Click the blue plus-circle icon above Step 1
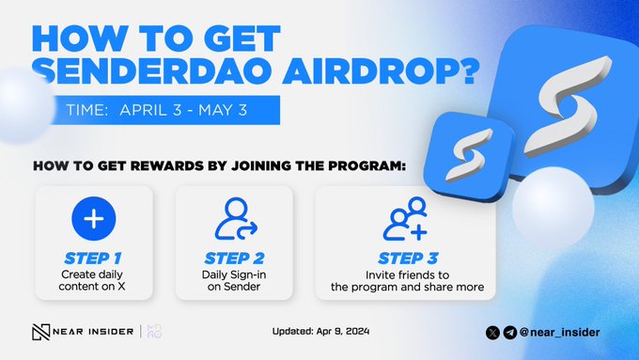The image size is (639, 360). (93, 219)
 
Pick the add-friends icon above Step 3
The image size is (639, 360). (406, 219)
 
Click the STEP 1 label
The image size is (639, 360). (93, 255)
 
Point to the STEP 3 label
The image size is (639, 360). (406, 255)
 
